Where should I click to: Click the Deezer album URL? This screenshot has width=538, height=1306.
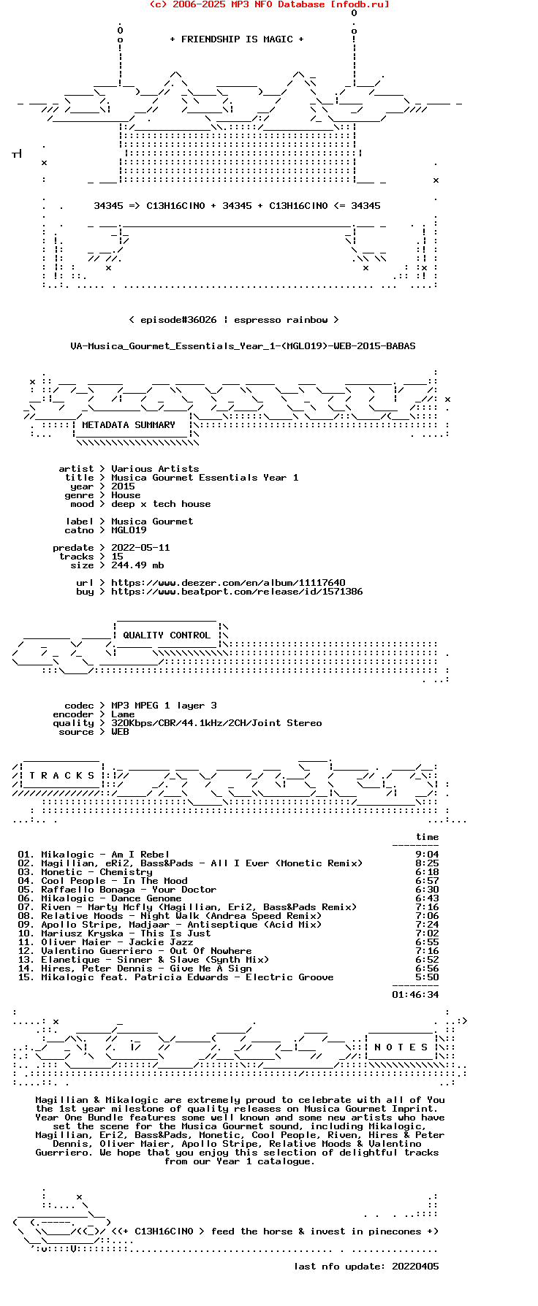(228, 583)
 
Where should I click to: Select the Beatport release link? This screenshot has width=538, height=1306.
(237, 592)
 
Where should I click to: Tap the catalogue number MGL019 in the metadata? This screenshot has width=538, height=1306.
(129, 530)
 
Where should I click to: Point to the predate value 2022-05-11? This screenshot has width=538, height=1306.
(140, 548)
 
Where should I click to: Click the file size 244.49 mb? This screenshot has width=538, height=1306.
(137, 565)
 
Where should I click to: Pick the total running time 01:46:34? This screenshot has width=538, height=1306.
(415, 995)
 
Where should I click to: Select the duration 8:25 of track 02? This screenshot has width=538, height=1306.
(427, 863)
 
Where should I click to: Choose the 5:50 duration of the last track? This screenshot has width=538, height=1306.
(427, 977)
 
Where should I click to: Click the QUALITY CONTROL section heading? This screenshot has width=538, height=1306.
(167, 635)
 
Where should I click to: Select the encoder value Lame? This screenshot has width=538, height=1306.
(123, 714)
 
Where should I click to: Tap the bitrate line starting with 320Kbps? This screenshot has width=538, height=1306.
(216, 723)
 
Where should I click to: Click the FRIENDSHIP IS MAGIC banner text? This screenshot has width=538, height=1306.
(237, 39)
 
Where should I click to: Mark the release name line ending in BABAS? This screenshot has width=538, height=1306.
(243, 346)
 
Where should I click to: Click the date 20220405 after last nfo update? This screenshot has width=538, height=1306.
(415, 1267)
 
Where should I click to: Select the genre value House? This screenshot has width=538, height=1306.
(126, 495)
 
